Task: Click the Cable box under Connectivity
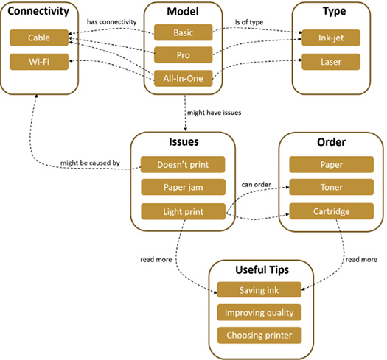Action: click(x=39, y=38)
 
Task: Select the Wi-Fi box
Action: click(x=39, y=62)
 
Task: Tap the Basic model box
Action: click(x=183, y=32)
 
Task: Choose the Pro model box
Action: click(x=183, y=54)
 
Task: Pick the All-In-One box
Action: click(x=183, y=79)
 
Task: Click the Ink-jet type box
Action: click(x=331, y=38)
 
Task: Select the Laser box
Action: click(x=331, y=62)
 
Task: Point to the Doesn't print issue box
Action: click(x=183, y=164)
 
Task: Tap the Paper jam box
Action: click(x=183, y=187)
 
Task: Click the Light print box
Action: click(x=183, y=211)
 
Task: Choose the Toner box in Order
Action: click(x=331, y=187)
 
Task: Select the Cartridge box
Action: click(x=331, y=211)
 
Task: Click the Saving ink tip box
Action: click(x=259, y=290)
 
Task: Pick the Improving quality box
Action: click(x=259, y=312)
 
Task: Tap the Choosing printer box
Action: click(x=259, y=336)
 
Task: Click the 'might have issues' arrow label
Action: click(x=214, y=113)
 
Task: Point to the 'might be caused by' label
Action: click(x=90, y=163)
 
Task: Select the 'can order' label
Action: click(x=257, y=185)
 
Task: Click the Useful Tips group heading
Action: click(x=262, y=269)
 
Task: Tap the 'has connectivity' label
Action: click(x=111, y=22)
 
